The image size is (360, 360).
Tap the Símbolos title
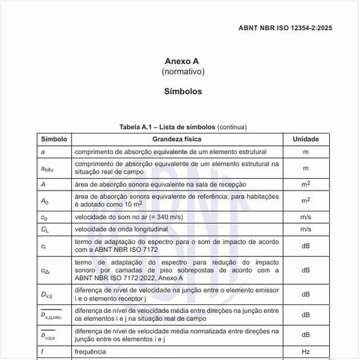pos(183,92)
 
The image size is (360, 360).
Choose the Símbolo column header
pos(54,139)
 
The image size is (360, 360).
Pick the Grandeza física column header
pos(177,139)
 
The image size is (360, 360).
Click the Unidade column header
pos(305,139)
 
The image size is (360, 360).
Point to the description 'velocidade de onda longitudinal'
pos(121,229)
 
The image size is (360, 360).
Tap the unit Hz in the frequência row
pos(305,352)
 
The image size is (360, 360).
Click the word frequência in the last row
pos(90,352)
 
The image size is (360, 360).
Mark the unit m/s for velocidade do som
pos(305,217)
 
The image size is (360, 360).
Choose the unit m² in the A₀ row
pos(305,200)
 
